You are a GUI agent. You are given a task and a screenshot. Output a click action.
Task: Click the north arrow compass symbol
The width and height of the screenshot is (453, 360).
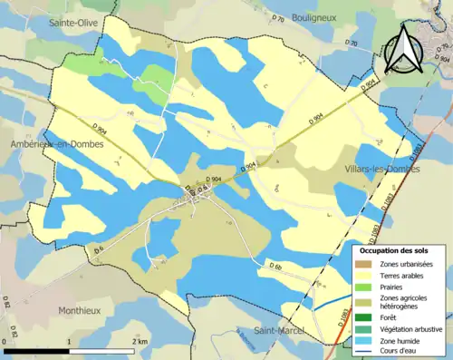pos(401,49)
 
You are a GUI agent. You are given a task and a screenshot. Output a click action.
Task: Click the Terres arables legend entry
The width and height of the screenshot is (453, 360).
pos(404,275)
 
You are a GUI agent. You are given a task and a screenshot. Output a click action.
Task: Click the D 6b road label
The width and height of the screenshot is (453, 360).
pos(275,266)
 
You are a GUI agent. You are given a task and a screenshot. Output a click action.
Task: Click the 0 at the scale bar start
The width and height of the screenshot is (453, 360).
pos(6,342)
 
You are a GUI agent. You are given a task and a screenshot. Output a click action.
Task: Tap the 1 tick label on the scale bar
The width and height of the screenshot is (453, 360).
pos(69,342)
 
